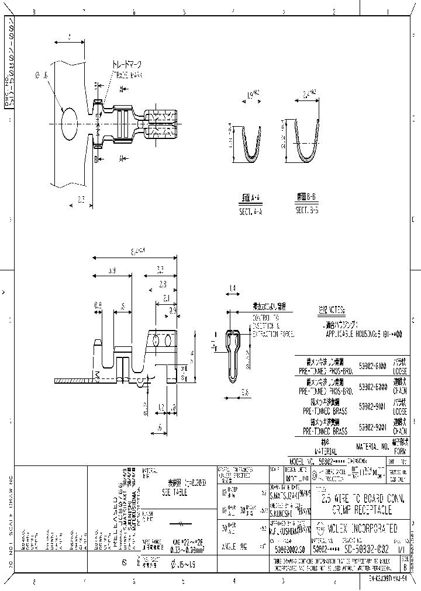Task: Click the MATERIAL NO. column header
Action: coord(372,448)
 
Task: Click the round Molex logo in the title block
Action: coord(317,529)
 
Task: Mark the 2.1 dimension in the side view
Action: coord(167,297)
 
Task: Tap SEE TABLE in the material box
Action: coord(173,492)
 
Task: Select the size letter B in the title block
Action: coord(406,566)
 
